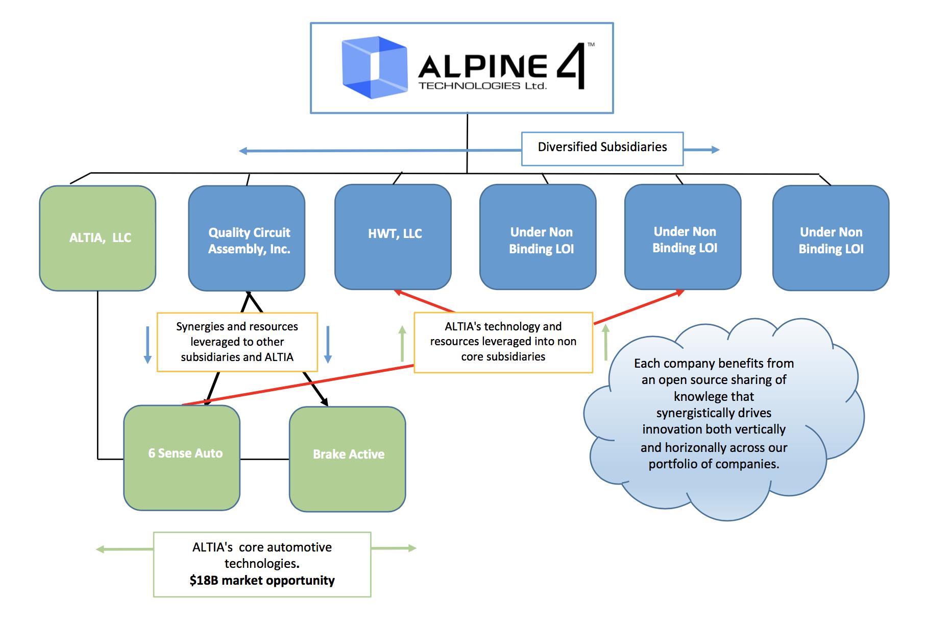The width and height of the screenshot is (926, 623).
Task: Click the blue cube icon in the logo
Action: [x=374, y=67]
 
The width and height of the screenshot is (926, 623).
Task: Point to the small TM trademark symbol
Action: [x=591, y=45]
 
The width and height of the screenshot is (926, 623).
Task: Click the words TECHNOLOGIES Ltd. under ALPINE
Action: [x=482, y=86]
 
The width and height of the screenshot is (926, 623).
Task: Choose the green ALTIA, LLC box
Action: [x=98, y=238]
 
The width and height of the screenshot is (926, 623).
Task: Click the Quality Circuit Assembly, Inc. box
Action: [x=247, y=238]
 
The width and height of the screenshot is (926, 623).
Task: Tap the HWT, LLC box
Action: [x=393, y=237]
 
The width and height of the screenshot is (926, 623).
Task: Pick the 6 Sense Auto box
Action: [x=182, y=458]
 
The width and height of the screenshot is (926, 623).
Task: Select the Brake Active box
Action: [x=348, y=459]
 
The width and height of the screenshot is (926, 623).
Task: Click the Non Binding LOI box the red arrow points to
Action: [x=683, y=237]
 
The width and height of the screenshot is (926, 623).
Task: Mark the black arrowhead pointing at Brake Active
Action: [x=325, y=403]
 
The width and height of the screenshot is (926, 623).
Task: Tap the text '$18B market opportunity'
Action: [x=262, y=581]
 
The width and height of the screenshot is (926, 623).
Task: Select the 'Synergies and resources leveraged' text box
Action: [x=237, y=342]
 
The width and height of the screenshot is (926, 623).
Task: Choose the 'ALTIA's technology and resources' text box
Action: [x=503, y=342]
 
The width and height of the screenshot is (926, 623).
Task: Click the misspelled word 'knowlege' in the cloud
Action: [x=714, y=397]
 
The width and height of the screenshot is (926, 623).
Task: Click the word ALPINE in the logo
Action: [x=482, y=66]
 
